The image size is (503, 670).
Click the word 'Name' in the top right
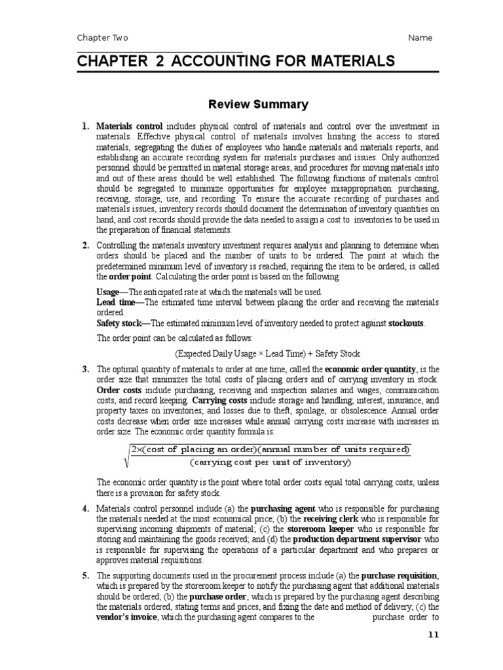point(420,37)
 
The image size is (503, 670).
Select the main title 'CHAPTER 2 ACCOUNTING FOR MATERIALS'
point(236,62)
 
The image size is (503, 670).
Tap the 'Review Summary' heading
point(258,104)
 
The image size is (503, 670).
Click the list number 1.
point(85,126)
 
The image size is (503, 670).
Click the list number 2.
point(85,245)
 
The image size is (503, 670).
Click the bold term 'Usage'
point(108,292)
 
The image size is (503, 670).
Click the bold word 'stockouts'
point(406,323)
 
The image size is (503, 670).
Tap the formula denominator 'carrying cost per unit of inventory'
point(270,463)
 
